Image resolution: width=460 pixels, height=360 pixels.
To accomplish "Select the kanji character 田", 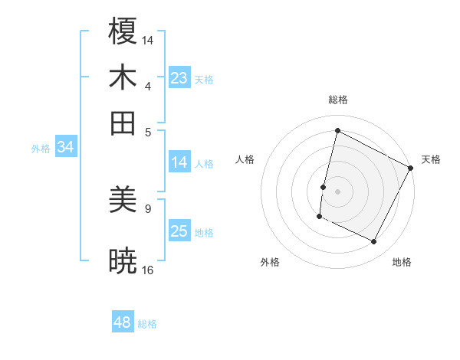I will coord(123,123).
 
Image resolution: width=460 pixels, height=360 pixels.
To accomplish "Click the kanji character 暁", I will coord(123,261).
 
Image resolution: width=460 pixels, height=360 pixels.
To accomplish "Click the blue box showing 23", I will coord(179,78).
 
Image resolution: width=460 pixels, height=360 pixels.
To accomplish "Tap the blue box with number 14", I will coord(179,162).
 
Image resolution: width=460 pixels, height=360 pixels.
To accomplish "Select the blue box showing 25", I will coord(179,231).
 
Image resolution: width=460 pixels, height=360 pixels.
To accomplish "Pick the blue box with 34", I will coord(65,148).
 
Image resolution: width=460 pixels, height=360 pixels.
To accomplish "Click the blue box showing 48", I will coord(122,322).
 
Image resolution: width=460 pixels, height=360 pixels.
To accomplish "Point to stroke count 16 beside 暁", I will coord(148,270).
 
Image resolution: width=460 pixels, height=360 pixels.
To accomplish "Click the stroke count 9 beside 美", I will coord(148,208).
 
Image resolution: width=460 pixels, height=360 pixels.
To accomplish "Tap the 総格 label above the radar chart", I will coord(338,100).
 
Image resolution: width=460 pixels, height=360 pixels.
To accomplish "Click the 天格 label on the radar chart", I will coord(431,159).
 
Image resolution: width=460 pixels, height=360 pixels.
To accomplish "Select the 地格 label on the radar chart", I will coord(402,262).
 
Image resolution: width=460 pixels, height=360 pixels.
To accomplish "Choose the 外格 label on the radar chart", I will coord(270,262).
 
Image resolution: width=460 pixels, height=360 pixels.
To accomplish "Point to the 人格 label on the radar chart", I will coord(245,159).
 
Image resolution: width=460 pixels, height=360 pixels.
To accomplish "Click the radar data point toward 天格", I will coord(411,168).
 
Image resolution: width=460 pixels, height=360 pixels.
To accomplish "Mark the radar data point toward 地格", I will coord(374,242).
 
